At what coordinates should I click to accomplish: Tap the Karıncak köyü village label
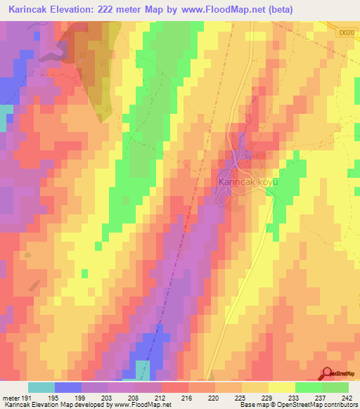tap(247, 181)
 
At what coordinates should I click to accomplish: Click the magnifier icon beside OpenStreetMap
tap(328, 375)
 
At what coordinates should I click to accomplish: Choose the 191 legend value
tap(25, 399)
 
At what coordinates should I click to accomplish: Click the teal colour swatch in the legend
tap(41, 387)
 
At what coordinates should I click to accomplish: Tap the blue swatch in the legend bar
tap(67, 387)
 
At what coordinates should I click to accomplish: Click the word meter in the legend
tap(10, 399)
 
